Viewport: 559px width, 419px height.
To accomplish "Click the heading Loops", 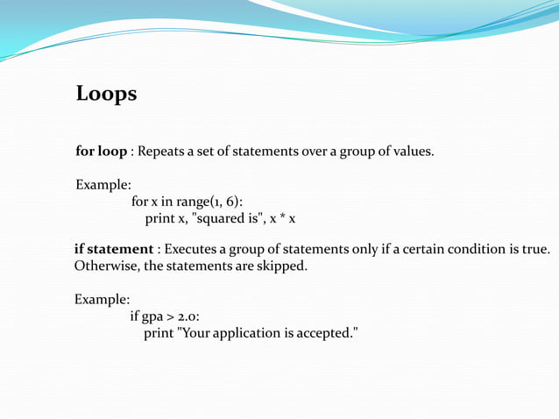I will [106, 94].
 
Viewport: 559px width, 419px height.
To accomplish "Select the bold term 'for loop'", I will [101, 152].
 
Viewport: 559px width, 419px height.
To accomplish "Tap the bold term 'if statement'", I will [113, 250].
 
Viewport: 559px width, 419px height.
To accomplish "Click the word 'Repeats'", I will [166, 152].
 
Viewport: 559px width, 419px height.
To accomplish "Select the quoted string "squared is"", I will [223, 218].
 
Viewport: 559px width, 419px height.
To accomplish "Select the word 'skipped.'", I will [282, 266].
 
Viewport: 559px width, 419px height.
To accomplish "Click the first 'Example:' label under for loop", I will [103, 185].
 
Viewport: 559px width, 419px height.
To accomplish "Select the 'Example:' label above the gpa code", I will [103, 300].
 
